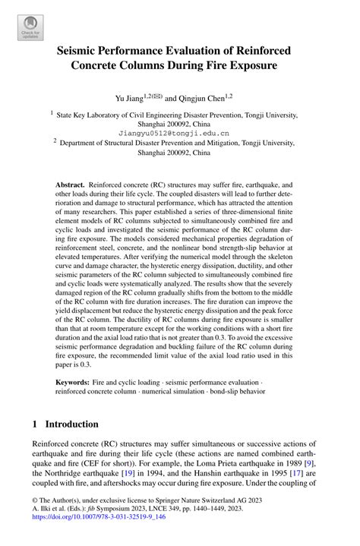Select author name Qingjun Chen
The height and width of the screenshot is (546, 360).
(206, 98)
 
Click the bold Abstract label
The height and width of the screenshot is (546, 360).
(70, 185)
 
